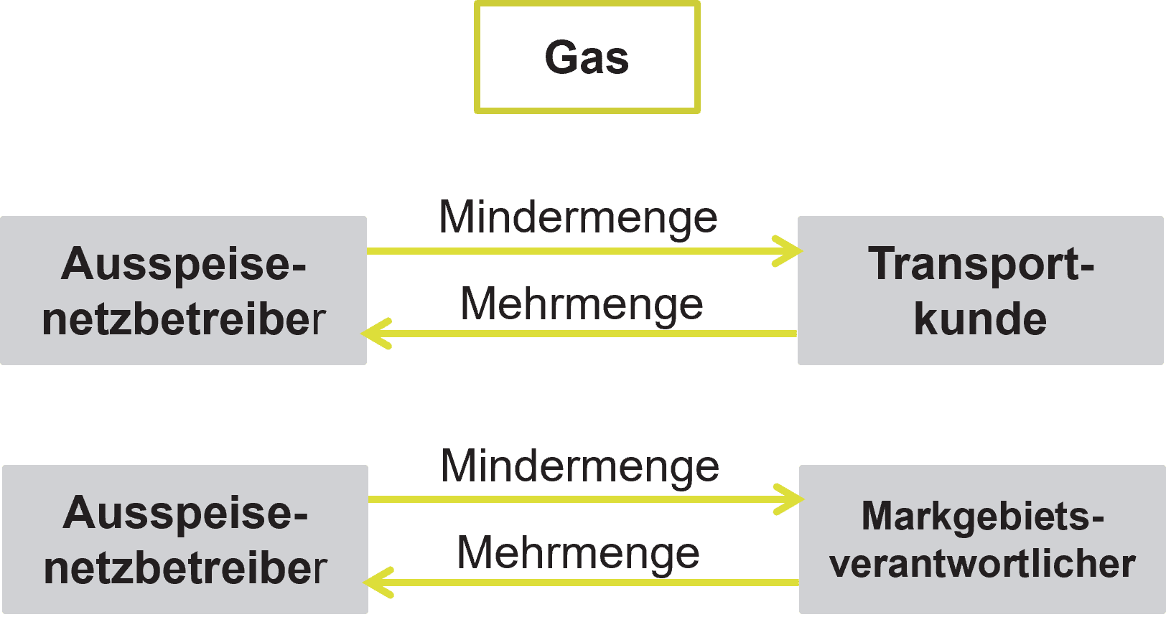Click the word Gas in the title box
(x=587, y=57)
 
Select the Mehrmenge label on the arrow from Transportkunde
(x=582, y=304)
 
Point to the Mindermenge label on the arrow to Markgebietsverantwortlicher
(x=580, y=467)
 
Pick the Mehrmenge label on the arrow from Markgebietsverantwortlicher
(x=579, y=553)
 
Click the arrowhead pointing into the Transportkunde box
(x=790, y=251)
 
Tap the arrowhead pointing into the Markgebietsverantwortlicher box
(x=791, y=499)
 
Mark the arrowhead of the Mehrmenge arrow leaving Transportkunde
(x=375, y=334)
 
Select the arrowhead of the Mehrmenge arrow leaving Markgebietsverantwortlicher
(x=376, y=582)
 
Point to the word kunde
(x=980, y=319)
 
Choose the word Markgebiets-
(x=982, y=516)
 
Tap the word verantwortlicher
(x=982, y=564)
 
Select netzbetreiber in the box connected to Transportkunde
(x=184, y=319)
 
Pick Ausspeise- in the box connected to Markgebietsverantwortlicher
(x=185, y=513)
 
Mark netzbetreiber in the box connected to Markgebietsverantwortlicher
(x=185, y=568)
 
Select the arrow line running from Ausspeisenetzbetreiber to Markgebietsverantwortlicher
(x=574, y=499)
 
